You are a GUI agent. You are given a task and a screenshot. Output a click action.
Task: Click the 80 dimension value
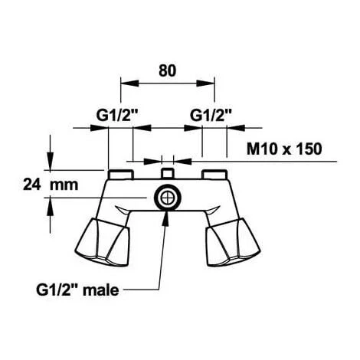click(167, 70)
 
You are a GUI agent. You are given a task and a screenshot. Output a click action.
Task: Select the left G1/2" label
click(117, 116)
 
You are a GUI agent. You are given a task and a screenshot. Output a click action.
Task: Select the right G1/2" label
click(211, 116)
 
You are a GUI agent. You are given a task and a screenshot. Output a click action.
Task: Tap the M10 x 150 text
click(284, 149)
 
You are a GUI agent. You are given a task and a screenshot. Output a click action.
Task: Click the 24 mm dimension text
click(51, 185)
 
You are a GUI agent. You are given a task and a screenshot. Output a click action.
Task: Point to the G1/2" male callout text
click(77, 290)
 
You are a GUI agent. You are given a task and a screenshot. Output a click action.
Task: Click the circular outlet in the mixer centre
click(168, 198)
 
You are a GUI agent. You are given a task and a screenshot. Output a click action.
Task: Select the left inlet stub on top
click(121, 175)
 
